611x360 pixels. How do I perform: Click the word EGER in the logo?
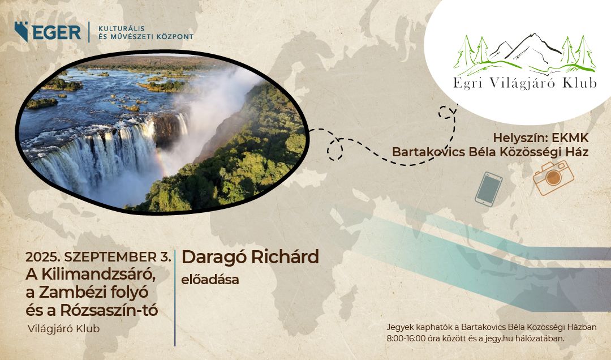click(x=57, y=32)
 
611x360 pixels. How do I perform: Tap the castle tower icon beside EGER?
click(x=22, y=31)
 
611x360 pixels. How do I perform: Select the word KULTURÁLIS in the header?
click(x=122, y=28)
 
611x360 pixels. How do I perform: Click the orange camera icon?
click(x=553, y=178)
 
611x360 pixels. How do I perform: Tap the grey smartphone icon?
click(x=489, y=189)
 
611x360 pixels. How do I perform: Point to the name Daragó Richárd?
click(x=250, y=257)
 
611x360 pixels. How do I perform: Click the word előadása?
click(x=210, y=280)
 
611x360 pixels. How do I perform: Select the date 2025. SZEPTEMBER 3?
click(x=98, y=257)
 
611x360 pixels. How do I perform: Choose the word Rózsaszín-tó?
click(x=109, y=310)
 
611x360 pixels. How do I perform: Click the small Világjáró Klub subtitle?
click(x=64, y=329)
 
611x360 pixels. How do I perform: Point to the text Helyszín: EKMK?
click(x=541, y=138)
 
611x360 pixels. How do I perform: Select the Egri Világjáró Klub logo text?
click(x=524, y=83)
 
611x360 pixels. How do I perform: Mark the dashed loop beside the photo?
click(x=335, y=149)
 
